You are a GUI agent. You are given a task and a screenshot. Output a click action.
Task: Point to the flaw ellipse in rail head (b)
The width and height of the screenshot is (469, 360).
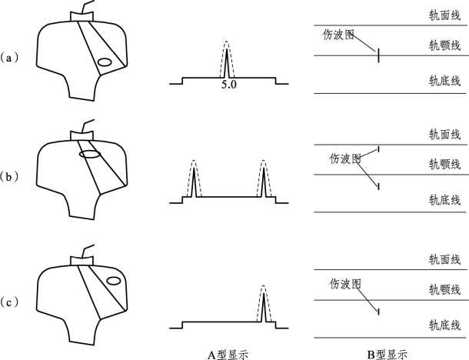click(x=90, y=154)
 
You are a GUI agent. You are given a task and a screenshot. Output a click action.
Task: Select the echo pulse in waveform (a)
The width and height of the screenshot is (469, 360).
click(x=228, y=60)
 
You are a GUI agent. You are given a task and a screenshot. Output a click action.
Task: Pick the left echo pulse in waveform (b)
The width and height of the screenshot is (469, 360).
click(x=193, y=179)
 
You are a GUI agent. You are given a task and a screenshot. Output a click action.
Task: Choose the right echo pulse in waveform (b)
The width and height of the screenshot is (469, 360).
click(x=263, y=179)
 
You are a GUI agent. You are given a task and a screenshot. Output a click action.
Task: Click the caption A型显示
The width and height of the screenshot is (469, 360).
click(x=228, y=352)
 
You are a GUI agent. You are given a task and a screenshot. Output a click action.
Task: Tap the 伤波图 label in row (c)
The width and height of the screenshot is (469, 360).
click(x=344, y=283)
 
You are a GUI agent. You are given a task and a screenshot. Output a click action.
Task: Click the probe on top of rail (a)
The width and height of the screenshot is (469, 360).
click(x=81, y=15)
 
